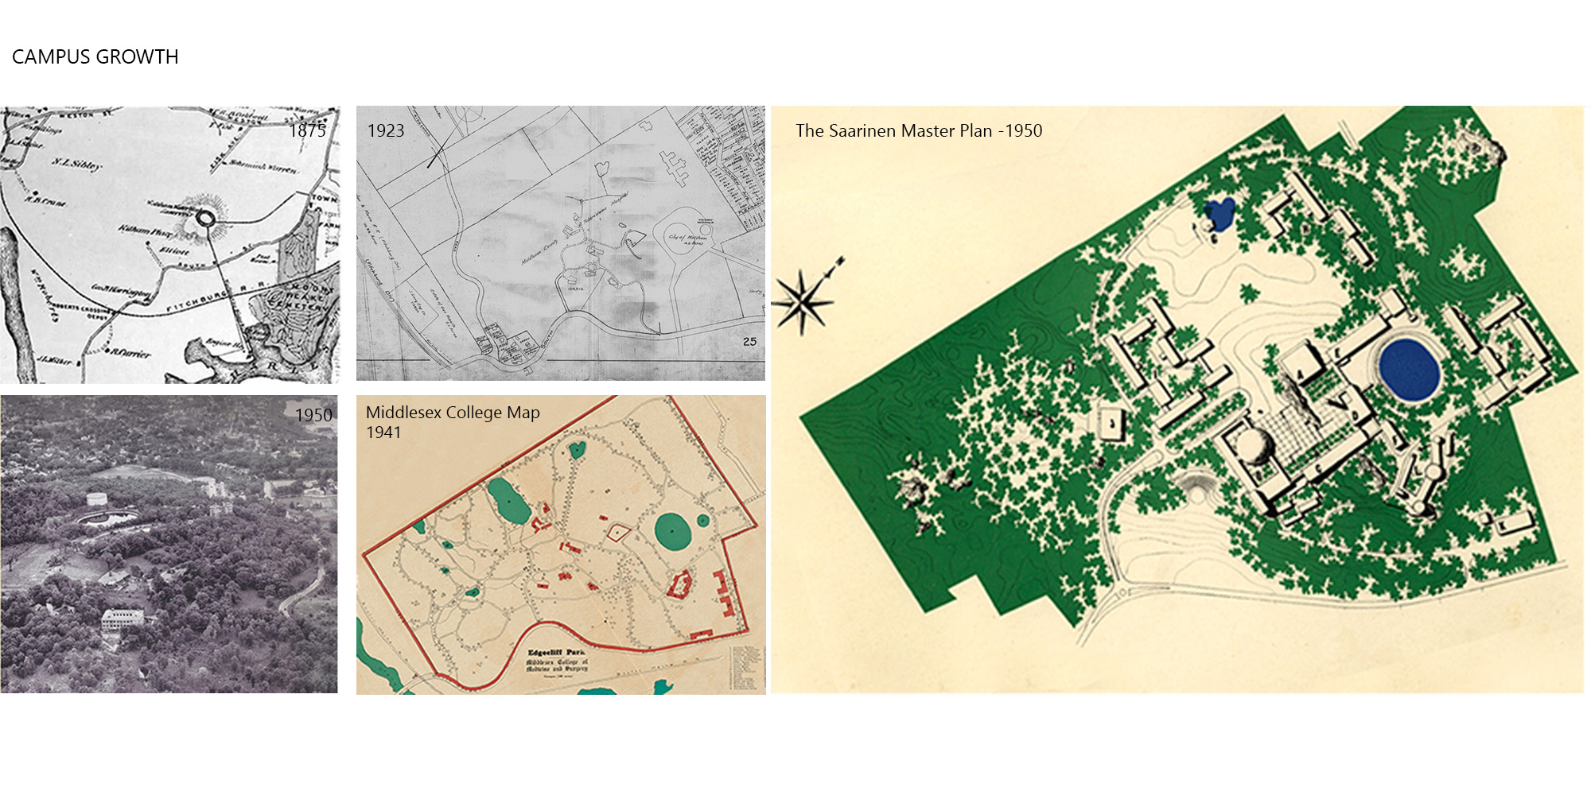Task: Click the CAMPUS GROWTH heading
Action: (x=95, y=57)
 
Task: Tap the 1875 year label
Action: (x=307, y=131)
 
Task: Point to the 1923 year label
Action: (x=385, y=131)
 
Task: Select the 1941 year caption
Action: (x=383, y=432)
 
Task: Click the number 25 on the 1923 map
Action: (x=749, y=341)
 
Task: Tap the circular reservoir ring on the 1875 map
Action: (x=205, y=217)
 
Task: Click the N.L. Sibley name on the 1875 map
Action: (x=76, y=164)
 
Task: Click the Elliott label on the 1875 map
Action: (x=174, y=250)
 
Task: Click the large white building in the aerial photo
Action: (x=123, y=618)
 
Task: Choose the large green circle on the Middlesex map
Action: (x=672, y=531)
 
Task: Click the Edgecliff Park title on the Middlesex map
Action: (x=556, y=652)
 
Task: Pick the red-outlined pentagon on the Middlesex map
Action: (x=617, y=532)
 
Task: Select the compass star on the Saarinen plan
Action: (x=803, y=301)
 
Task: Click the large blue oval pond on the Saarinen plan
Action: (x=1409, y=369)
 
